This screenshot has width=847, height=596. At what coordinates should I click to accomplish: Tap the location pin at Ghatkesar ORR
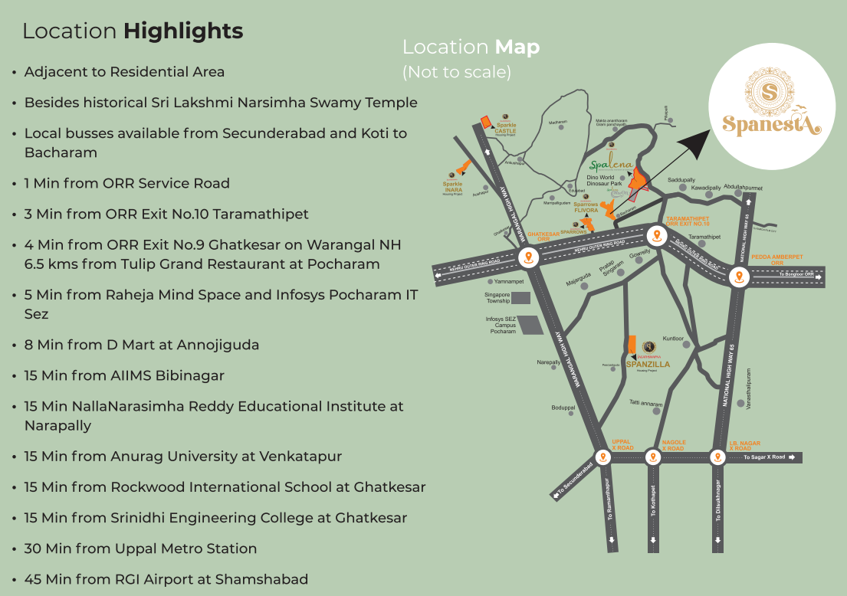pos(527,257)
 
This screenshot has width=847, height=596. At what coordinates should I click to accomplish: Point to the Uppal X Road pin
pos(603,457)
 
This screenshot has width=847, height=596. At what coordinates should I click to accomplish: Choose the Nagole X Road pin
pos(652,457)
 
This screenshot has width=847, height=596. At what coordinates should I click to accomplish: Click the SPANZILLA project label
pos(648,365)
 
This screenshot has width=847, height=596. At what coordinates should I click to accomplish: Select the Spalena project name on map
pos(611,164)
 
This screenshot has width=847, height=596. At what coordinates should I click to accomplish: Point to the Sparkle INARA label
pos(452,186)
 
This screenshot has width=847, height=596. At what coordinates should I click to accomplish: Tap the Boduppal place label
pos(563,408)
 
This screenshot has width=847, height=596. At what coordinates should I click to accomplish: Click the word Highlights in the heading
pos(183,31)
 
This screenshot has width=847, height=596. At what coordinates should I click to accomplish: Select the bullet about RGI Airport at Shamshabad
pos(166,579)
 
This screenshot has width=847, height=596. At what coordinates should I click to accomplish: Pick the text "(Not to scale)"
pos(456,72)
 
